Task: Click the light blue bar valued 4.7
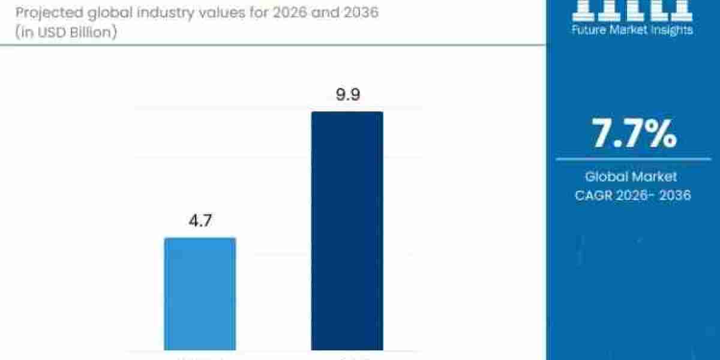(200, 293)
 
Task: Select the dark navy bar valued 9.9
(347, 230)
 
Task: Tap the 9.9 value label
(347, 95)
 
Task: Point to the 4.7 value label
(200, 221)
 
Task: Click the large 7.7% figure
(634, 134)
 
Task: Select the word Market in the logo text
(629, 29)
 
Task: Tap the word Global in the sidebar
(607, 176)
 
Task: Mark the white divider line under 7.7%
(634, 159)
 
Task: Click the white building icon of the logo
(634, 8)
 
